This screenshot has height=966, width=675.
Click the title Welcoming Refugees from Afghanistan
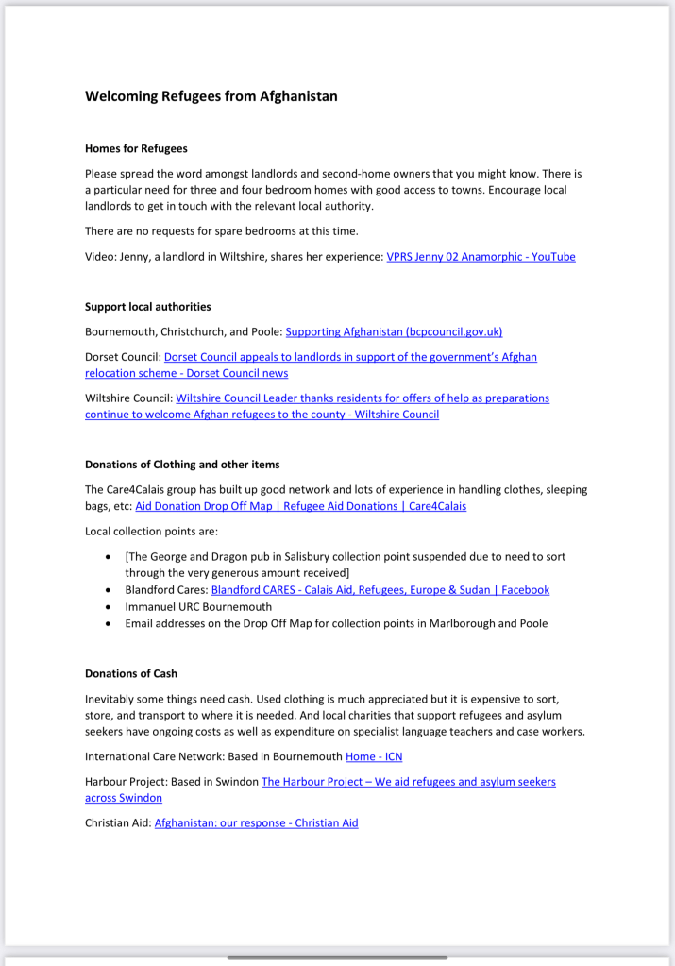pos(211,96)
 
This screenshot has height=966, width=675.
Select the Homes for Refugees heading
pos(136,148)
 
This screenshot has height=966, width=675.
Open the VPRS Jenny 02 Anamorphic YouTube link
pos(481,256)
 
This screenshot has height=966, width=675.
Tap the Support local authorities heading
pos(147,307)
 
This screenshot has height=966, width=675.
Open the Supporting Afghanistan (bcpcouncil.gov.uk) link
pos(394,331)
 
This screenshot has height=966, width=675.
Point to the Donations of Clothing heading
pos(182,465)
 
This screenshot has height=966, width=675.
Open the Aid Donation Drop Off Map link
pos(300,506)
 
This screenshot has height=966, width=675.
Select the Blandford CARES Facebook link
pos(380,590)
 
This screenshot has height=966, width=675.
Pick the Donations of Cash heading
pos(131,673)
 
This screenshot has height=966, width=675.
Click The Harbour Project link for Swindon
pos(408,782)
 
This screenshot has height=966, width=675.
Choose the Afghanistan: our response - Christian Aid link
pos(256,822)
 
